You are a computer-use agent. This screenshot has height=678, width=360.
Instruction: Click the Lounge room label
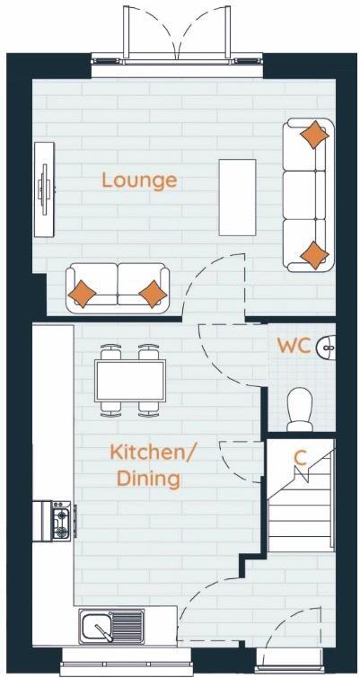coord(139,180)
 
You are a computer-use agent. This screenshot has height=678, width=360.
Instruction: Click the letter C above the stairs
coord(301,457)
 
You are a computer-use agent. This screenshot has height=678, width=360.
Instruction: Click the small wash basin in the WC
coord(328,345)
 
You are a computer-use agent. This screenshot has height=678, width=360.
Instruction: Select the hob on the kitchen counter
coord(60,520)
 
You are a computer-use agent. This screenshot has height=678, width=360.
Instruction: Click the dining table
coord(130,381)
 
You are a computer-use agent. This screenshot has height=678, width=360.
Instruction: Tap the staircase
coord(300,512)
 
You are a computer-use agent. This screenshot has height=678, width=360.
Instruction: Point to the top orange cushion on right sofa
coord(313,135)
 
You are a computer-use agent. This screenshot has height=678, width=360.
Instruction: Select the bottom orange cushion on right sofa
coord(314,254)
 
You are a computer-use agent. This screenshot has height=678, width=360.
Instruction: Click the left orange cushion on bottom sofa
coord(83,293)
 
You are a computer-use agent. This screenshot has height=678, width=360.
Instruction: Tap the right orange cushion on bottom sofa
coord(154,293)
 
